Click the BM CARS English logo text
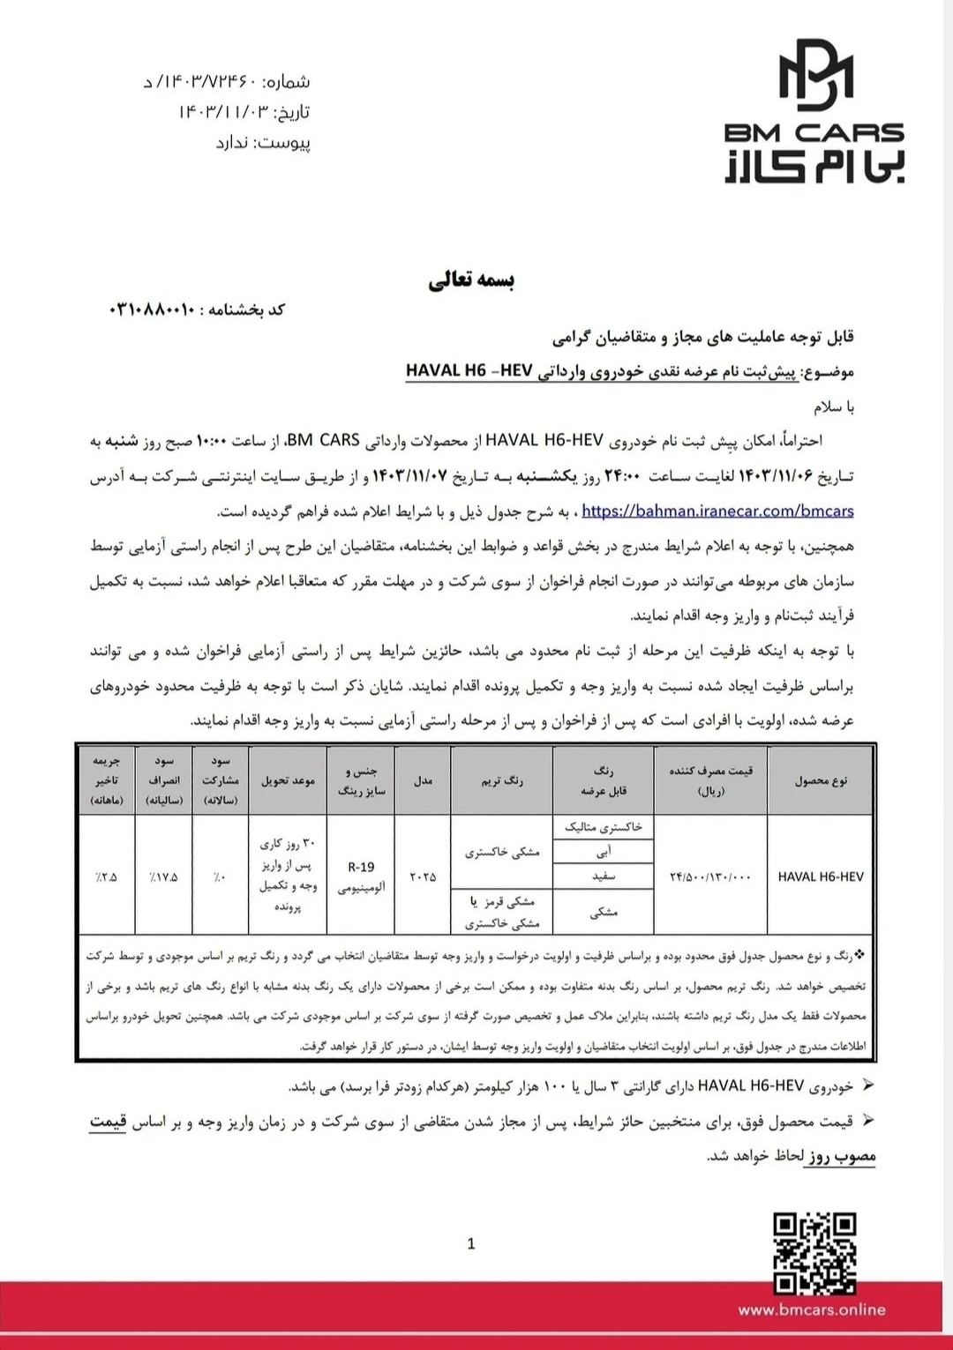point(814,132)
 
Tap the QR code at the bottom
point(814,1253)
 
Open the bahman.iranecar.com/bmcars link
point(717,511)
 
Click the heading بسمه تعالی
point(471,280)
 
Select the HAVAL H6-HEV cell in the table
point(821,876)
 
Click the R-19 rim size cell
point(361,868)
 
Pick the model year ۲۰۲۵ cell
point(423,876)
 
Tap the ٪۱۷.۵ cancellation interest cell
point(163,876)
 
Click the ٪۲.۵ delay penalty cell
point(106,876)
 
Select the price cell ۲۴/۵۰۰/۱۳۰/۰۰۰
point(710,876)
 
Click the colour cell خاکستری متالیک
point(604,827)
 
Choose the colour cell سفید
point(604,876)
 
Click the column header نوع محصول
point(821,780)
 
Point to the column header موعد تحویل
point(288,780)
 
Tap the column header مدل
point(423,780)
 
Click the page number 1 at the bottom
point(471,1243)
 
